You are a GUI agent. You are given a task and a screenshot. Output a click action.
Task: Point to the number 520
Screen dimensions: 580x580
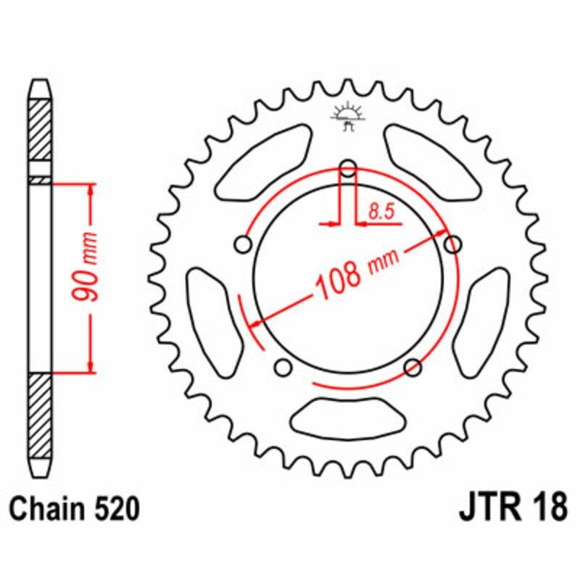[x=114, y=510]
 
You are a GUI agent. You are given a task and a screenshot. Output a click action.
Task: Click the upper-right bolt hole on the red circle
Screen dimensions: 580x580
[x=453, y=244]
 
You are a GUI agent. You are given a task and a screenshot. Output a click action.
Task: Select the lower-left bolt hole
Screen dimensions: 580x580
[x=283, y=368]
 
